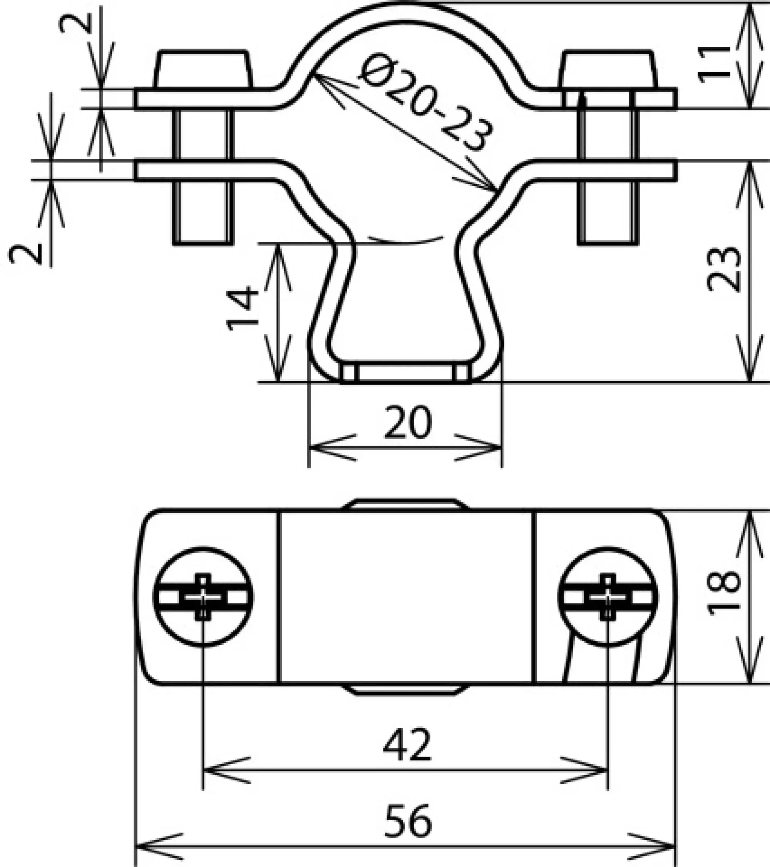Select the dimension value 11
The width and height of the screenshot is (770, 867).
(x=715, y=63)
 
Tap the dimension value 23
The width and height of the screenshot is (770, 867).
(x=723, y=269)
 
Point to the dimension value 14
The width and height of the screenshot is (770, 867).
(x=242, y=309)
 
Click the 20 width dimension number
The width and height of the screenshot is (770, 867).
(x=407, y=422)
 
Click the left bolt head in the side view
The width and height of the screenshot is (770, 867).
(x=203, y=69)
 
